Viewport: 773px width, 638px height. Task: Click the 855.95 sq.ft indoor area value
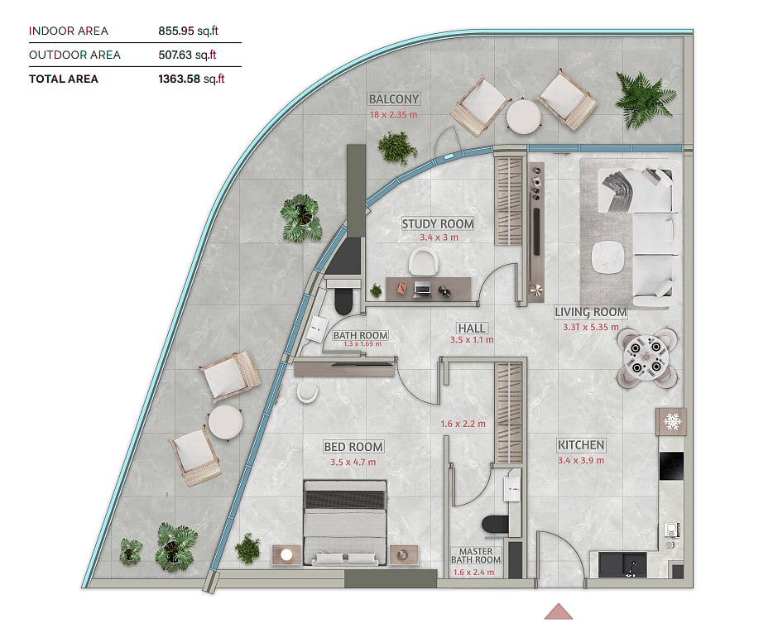188,31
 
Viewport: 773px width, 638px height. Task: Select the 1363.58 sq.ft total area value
191,79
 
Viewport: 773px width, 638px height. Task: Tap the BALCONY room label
394,99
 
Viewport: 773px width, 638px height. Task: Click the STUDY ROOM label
437,224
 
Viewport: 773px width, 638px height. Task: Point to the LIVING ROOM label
591,312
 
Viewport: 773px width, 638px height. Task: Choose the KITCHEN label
581,445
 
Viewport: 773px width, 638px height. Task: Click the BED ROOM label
353,447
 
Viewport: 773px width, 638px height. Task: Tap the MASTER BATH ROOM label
476,555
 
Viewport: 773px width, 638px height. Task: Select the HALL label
471,329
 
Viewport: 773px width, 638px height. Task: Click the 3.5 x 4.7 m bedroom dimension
353,463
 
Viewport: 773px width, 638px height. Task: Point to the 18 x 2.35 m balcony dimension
393,114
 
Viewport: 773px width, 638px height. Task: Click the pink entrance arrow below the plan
558,612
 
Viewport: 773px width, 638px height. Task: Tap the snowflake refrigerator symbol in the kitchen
671,421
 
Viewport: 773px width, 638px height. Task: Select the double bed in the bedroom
345,522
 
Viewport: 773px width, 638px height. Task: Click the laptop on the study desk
421,290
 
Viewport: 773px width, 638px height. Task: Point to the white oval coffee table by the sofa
607,257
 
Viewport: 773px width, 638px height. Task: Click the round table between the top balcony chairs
524,117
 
